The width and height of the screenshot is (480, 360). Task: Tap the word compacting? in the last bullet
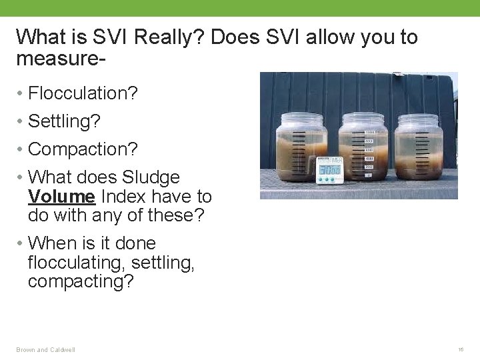(81, 281)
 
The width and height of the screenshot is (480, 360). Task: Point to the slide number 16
(461, 349)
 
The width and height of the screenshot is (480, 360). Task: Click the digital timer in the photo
(329, 169)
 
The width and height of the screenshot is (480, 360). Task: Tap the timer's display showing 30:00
(329, 171)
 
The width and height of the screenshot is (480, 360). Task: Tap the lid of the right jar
(419, 119)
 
